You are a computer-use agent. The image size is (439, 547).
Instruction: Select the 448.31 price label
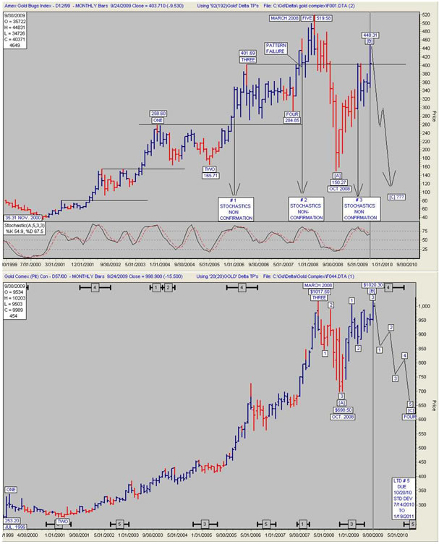[x=370, y=35]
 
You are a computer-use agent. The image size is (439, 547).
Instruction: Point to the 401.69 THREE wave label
[x=249, y=56]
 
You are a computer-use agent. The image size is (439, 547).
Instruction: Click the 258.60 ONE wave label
[x=158, y=116]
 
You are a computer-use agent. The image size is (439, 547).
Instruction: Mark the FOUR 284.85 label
[x=293, y=117]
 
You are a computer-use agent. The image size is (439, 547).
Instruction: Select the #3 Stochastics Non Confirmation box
[x=359, y=208]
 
